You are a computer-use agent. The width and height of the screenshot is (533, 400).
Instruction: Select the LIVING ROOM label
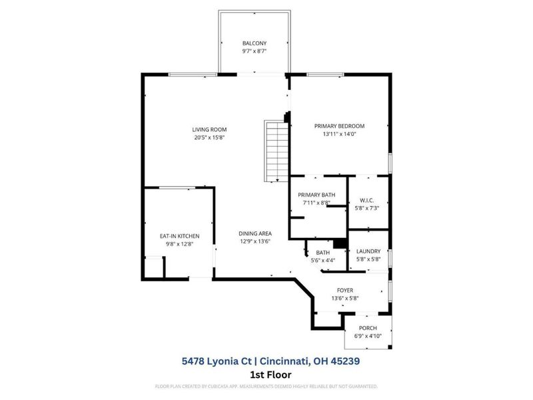(210, 129)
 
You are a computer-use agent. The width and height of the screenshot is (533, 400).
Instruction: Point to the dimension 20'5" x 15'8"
(210, 138)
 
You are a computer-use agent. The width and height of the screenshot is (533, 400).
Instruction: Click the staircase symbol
(275, 147)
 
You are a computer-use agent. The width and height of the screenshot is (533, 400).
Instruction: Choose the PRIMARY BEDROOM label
(340, 125)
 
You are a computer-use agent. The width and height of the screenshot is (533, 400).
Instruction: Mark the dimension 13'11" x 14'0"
(340, 133)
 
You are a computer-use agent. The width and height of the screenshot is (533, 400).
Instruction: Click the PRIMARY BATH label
(316, 195)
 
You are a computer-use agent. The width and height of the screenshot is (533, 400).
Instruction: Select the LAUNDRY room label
(368, 251)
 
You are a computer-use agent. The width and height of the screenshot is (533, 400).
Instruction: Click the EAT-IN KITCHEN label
(179, 236)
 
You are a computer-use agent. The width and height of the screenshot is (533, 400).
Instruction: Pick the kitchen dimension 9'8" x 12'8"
(179, 244)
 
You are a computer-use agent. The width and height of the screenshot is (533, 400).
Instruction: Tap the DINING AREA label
(256, 233)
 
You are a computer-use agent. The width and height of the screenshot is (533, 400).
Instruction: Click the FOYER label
(344, 290)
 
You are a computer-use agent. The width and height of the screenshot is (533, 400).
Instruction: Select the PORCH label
(368, 328)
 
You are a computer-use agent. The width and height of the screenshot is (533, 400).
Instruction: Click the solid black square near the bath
(340, 243)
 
